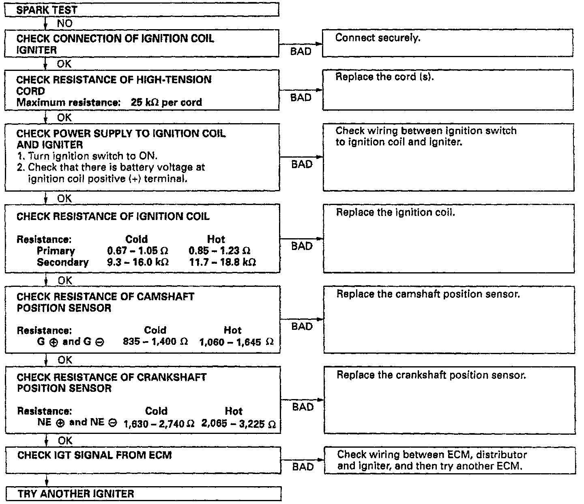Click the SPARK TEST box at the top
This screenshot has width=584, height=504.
pos(142,10)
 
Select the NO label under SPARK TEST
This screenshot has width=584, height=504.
pos(64,23)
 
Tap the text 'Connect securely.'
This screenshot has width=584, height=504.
pos(378,38)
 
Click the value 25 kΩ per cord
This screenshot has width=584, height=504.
pos(166,102)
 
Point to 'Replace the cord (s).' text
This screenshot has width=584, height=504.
pos(384,77)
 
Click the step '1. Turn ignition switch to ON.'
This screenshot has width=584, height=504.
pos(87,156)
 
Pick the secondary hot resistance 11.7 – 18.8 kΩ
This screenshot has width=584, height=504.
pos(222,262)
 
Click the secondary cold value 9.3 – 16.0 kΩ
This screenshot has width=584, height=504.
pos(138,262)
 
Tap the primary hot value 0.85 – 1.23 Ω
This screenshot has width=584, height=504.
pos(219,251)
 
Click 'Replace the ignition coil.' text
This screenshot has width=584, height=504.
pos(395,213)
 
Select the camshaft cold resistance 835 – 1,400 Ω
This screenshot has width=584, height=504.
pos(155,342)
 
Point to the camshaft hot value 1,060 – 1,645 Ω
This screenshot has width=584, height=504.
pos(236,342)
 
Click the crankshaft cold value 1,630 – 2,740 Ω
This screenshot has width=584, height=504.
pos(159,424)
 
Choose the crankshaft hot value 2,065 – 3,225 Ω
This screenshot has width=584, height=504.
pos(238,424)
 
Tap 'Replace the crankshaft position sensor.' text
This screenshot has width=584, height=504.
pos(431,375)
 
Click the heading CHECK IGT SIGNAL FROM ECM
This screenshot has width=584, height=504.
pos(94,455)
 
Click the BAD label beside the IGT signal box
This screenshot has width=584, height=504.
pos(303,467)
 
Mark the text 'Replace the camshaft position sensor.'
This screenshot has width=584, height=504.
pos(428,294)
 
